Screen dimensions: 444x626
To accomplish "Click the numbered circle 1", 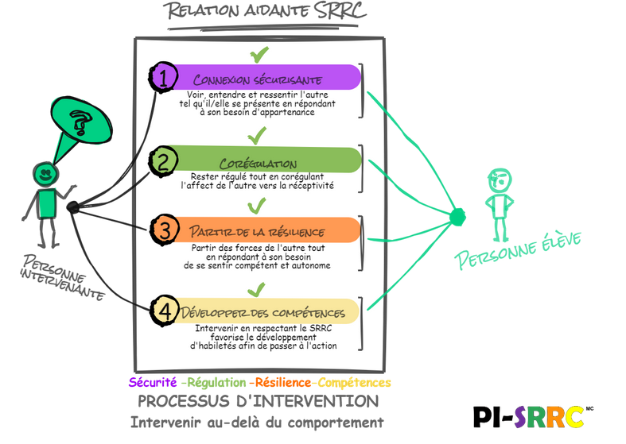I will click(x=163, y=78).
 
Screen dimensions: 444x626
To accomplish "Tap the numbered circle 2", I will click(x=163, y=162).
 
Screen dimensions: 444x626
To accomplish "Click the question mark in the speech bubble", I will click(x=78, y=122).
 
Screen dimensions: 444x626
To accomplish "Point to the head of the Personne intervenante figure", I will click(x=45, y=173).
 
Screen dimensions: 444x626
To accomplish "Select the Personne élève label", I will click(x=518, y=247).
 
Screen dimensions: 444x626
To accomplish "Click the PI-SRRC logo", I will click(x=528, y=416).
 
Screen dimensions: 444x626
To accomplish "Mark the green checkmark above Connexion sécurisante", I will click(x=259, y=55).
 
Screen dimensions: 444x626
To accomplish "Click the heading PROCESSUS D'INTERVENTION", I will click(x=259, y=400).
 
